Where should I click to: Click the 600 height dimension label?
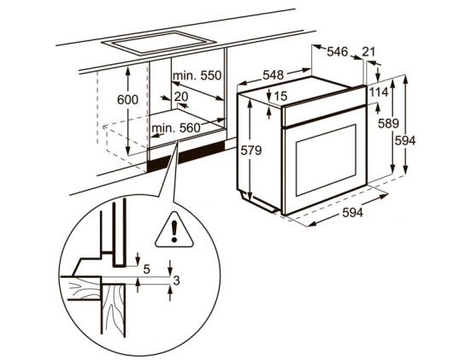coord(127,100)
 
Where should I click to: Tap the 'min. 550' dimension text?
coord(197,75)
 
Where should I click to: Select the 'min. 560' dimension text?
coord(176,128)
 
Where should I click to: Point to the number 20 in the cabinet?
coord(181,97)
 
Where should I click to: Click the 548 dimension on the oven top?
coord(273,75)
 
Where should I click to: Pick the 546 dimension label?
coord(337,51)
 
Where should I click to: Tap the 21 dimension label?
coord(368,51)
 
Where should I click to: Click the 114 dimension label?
coord(379,92)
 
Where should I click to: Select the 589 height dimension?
coord(388,123)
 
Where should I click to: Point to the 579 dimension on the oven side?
coord(251,150)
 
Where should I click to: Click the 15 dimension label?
coord(280,96)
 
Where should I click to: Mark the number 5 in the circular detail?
coord(146,269)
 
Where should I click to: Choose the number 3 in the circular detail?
coord(177,280)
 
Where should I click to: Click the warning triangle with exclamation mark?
coord(174,230)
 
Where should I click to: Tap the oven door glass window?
coord(326,160)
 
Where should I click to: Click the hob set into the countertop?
coord(159,43)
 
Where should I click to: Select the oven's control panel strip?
coord(324,107)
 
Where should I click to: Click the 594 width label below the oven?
coord(353,213)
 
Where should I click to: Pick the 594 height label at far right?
coord(405,140)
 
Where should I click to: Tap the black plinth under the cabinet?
coord(185,156)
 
